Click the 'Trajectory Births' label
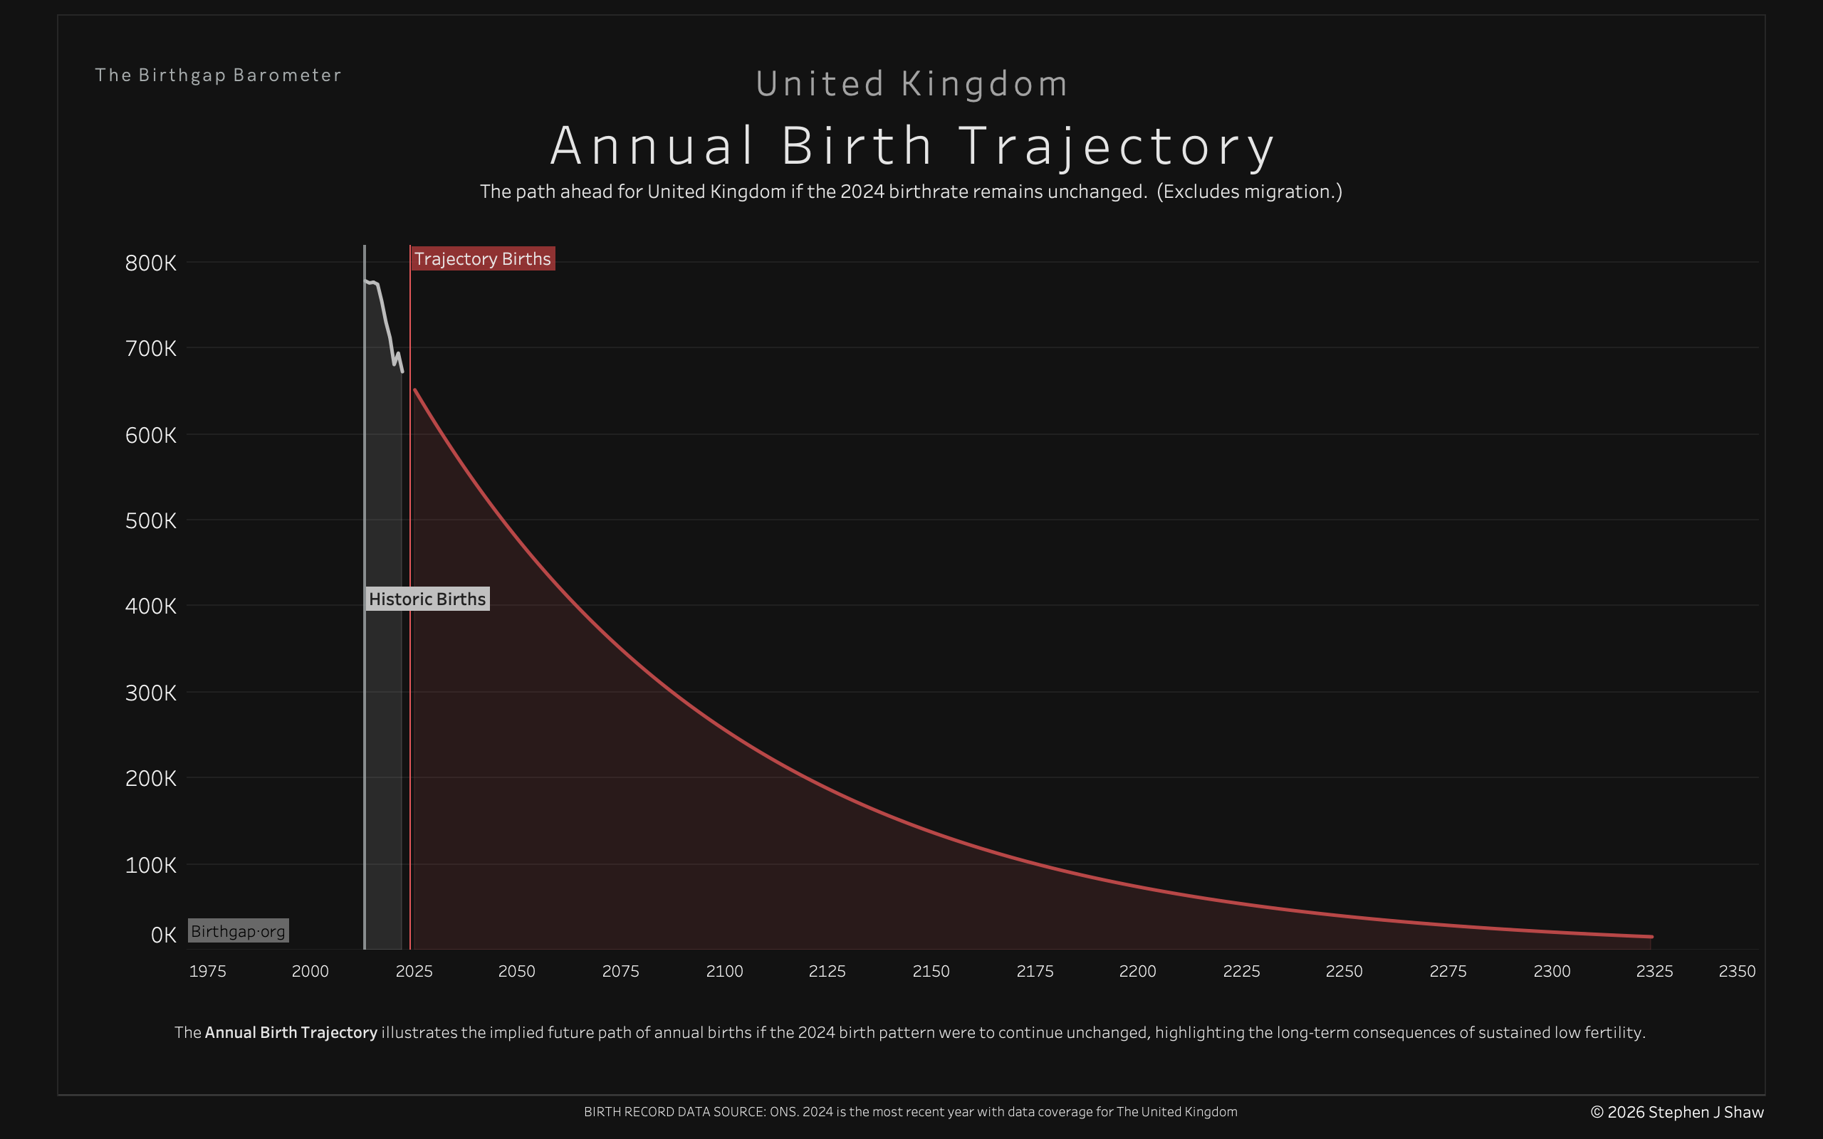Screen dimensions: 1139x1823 tap(482, 258)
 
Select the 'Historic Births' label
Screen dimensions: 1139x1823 tap(427, 599)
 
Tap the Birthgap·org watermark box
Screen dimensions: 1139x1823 tap(238, 931)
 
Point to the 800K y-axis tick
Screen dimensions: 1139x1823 tap(151, 263)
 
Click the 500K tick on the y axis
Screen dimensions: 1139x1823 tap(151, 520)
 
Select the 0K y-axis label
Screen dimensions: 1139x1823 tap(162, 935)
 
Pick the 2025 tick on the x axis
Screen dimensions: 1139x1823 tap(414, 971)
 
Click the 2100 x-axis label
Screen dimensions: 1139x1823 tap(724, 971)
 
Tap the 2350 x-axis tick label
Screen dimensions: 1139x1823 tap(1736, 971)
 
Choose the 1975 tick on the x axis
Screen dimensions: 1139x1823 tap(207, 971)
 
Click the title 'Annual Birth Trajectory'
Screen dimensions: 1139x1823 tap(911, 145)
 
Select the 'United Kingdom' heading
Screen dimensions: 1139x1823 tap(911, 83)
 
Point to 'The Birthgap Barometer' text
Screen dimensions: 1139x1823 tap(219, 75)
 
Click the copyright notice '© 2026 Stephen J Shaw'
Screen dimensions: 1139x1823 tap(1677, 1112)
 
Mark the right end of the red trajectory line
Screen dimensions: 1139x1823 tap(1651, 936)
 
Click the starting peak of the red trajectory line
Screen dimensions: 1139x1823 tap(415, 390)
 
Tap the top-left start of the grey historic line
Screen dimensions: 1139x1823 tap(365, 282)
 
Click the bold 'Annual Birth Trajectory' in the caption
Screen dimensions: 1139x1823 tap(291, 1032)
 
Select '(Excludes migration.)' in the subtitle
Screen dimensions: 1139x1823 tap(1249, 191)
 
